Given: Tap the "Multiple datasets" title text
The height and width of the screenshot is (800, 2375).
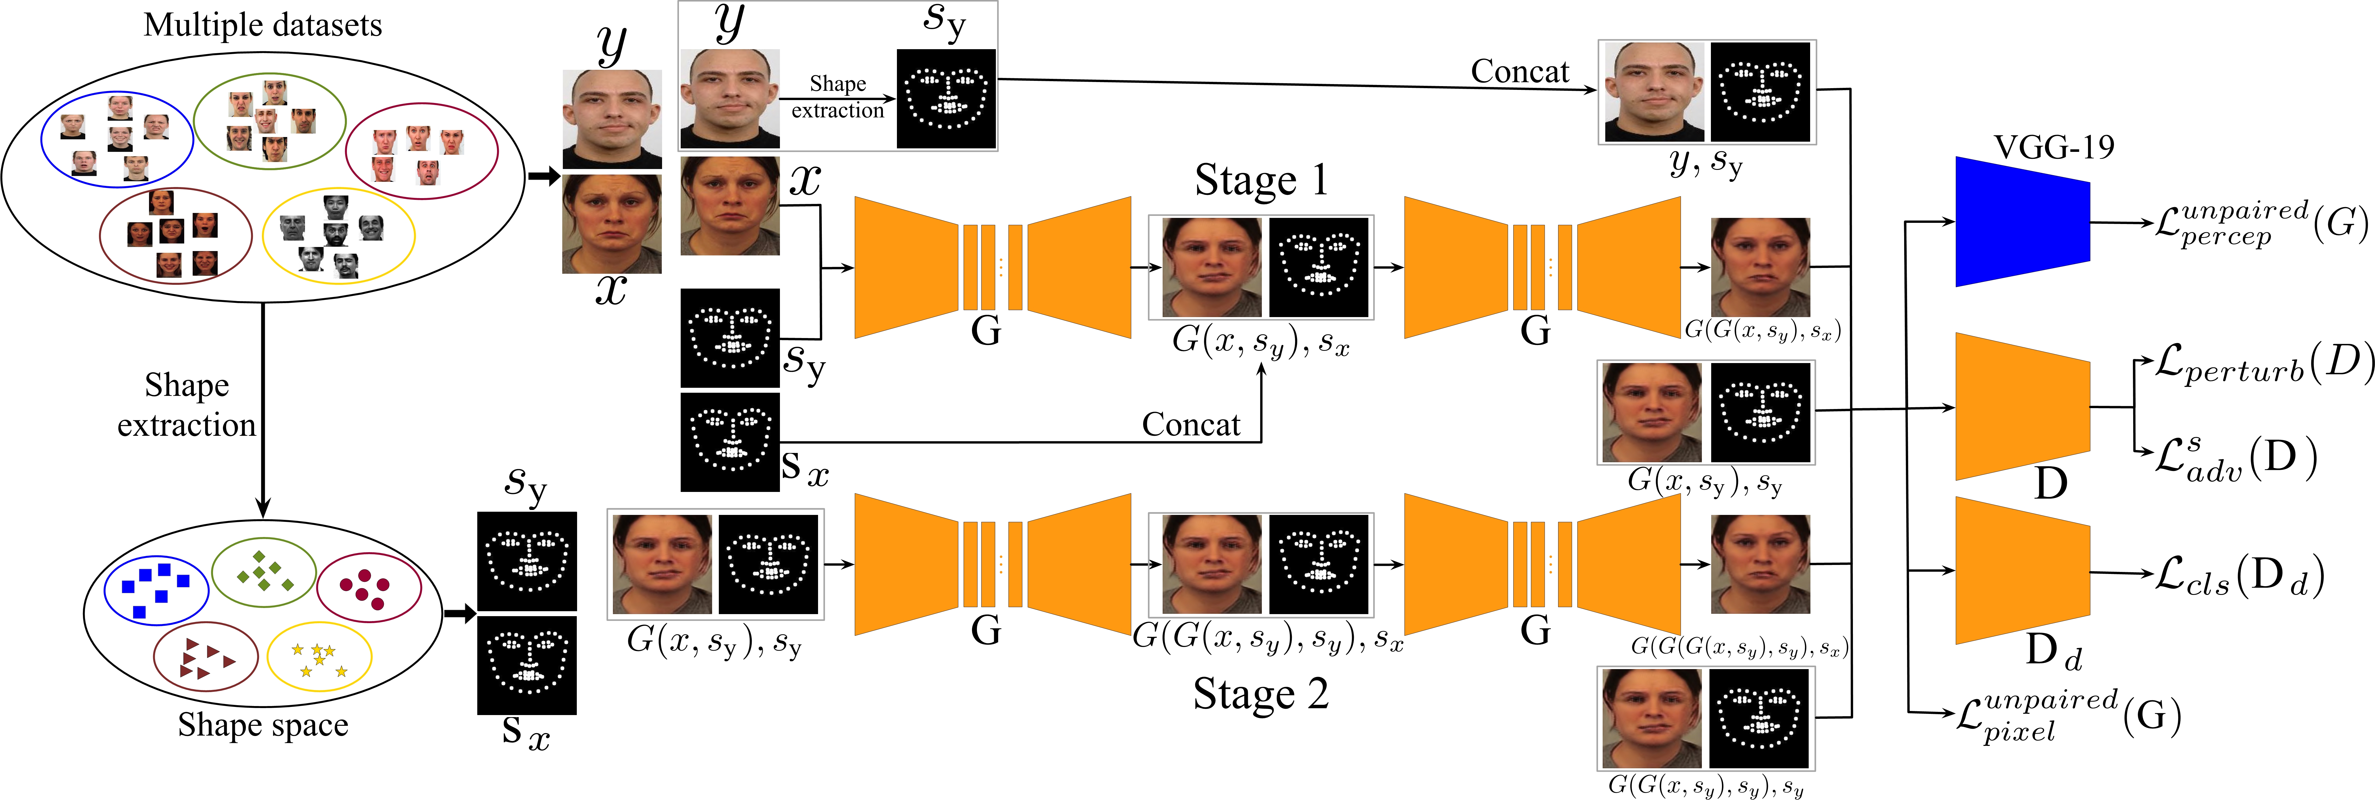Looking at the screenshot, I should (263, 25).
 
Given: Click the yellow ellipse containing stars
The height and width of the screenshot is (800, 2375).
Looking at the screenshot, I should (319, 657).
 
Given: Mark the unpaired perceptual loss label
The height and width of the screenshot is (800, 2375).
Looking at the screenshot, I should (2261, 223).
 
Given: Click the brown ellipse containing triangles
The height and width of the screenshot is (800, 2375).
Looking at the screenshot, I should (205, 657).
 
